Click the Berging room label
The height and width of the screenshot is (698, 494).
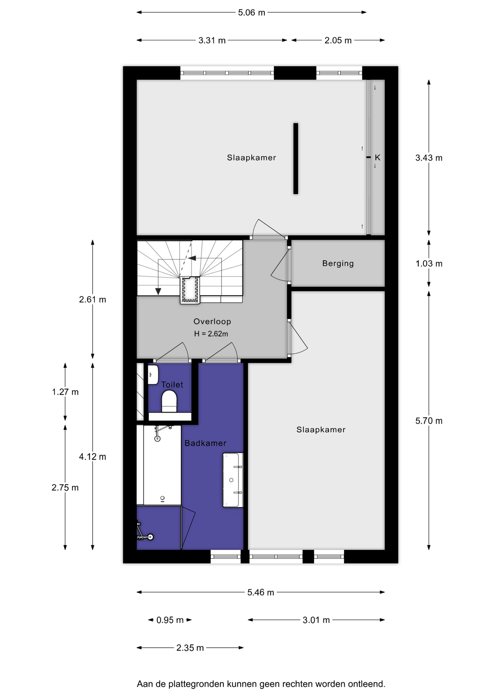pos(338,263)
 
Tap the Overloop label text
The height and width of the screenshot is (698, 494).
pos(212,321)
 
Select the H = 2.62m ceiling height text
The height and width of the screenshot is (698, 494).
pos(211,334)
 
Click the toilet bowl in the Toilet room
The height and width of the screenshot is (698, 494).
pos(169,401)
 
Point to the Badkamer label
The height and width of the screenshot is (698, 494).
pos(205,443)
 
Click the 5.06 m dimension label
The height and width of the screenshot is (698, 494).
pos(251,13)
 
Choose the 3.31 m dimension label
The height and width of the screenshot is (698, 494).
pos(212,40)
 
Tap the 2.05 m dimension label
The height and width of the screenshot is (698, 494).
pos(338,40)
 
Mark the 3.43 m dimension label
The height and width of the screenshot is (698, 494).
pos(429,158)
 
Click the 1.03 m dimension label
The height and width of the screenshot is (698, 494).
pos(429,264)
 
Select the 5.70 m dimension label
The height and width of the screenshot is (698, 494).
pos(429,421)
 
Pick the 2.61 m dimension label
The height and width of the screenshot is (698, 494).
pos(92,300)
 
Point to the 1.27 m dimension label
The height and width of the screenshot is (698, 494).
pos(65,392)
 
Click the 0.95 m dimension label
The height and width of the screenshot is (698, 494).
pos(170,620)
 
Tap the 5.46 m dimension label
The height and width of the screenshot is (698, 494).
pos(260,593)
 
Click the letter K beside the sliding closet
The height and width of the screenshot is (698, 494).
pos(378,157)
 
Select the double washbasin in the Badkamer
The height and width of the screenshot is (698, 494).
pos(233,480)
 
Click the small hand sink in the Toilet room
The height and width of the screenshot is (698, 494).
pos(153,374)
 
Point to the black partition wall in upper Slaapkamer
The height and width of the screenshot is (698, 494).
pos(296,159)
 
